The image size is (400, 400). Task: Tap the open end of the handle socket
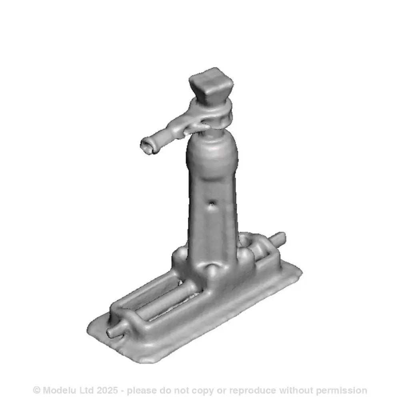click(x=146, y=146)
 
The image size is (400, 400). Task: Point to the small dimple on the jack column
click(x=212, y=206)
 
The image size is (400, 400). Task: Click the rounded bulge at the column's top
click(x=211, y=154)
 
